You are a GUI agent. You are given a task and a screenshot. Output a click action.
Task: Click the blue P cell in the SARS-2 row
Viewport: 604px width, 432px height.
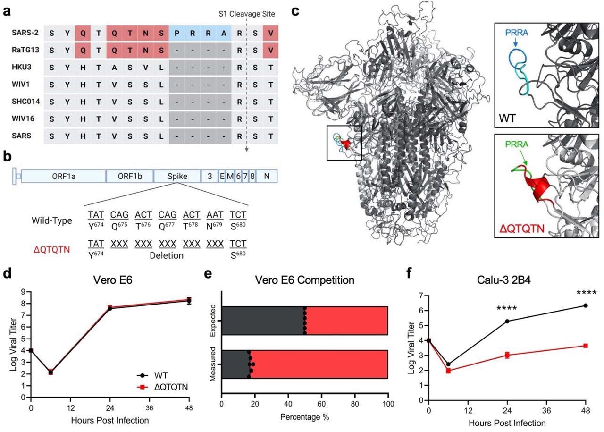point(177,33)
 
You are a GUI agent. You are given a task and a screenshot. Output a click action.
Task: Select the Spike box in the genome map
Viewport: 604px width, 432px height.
point(176,176)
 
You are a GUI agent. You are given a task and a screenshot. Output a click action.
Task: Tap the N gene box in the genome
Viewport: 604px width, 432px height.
point(267,176)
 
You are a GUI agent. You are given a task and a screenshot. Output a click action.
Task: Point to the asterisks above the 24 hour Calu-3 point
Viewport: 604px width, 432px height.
point(507,309)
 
